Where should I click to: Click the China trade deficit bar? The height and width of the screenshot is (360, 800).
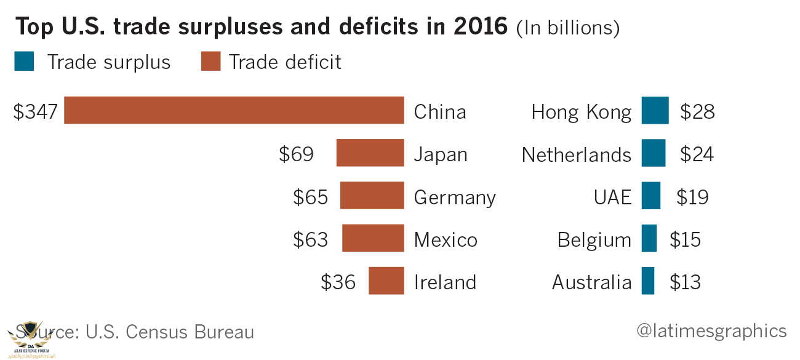tap(234, 111)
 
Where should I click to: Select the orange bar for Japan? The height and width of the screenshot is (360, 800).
tap(370, 153)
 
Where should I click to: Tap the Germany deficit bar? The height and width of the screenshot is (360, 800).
tap(372, 196)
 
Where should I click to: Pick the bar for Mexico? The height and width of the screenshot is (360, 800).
tap(373, 238)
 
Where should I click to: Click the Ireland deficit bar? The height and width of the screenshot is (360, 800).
tap(386, 281)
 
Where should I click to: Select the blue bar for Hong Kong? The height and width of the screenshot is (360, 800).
tap(655, 111)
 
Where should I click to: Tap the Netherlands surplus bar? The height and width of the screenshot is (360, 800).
tap(653, 153)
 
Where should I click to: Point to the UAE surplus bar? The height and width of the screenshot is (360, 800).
tap(650, 196)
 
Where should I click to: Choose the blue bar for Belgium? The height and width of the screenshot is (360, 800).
tap(649, 238)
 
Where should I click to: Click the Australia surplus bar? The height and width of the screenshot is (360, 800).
tap(647, 281)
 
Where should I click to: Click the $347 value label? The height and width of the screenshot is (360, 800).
tap(35, 112)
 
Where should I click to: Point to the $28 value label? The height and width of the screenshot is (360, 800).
tap(697, 112)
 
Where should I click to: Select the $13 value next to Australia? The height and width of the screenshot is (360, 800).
tap(685, 282)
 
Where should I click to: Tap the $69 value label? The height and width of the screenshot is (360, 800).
tap(296, 154)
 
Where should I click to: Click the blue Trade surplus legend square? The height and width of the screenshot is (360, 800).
tap(24, 62)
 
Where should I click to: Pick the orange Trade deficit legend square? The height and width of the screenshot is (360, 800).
tap(211, 62)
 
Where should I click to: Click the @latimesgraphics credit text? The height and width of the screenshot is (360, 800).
tap(711, 331)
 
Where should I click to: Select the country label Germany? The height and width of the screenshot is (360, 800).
tap(455, 198)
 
